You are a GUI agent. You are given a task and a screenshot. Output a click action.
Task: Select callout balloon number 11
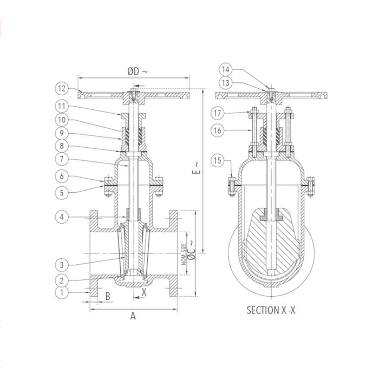click(x=62, y=106)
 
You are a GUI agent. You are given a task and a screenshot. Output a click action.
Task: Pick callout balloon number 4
click(x=62, y=217)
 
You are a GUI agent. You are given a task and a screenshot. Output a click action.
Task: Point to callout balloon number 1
click(x=62, y=293)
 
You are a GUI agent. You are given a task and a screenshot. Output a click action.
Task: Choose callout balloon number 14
click(x=226, y=69)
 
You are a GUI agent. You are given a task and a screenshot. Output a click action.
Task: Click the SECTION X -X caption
click(x=274, y=311)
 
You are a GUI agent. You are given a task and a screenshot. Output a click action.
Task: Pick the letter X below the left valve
click(x=143, y=291)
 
